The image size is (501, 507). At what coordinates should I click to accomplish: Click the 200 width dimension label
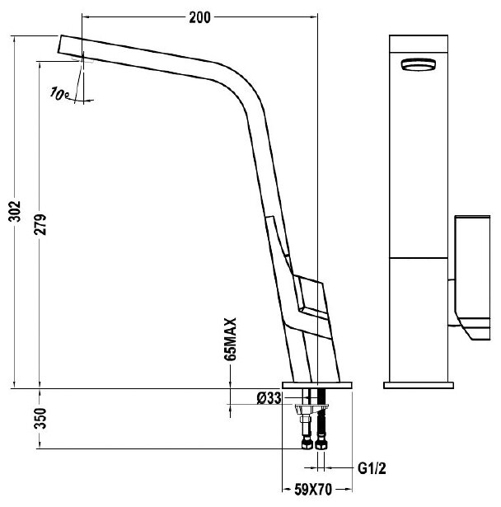click(x=199, y=17)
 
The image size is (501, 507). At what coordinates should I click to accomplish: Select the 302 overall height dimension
click(x=15, y=211)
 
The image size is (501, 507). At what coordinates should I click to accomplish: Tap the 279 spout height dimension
click(x=40, y=224)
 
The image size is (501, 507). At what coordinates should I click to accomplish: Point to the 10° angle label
click(x=59, y=94)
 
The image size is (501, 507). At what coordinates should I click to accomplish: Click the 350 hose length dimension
click(x=40, y=418)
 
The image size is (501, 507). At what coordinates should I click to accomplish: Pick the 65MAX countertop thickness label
click(x=231, y=339)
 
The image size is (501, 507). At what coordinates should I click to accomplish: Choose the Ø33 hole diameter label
click(x=269, y=398)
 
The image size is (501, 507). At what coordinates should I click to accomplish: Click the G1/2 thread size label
click(x=372, y=468)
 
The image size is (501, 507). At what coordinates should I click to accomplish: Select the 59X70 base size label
click(x=313, y=490)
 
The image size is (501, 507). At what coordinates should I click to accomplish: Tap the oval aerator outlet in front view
click(x=419, y=64)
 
